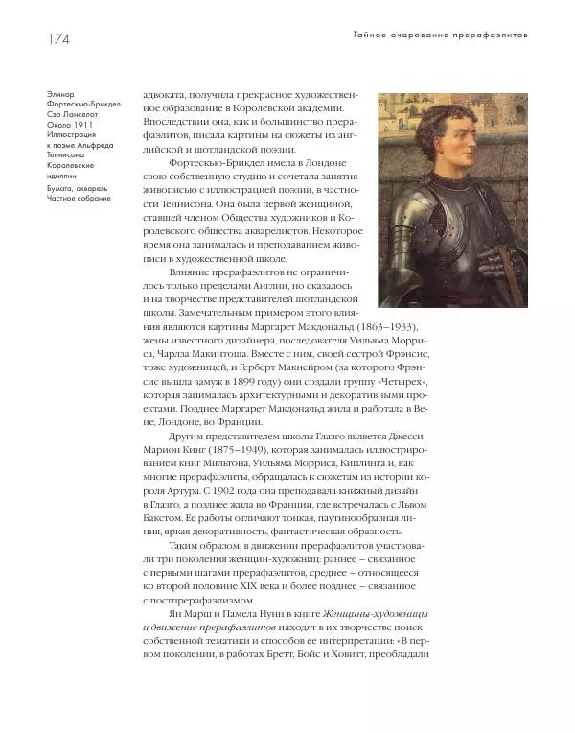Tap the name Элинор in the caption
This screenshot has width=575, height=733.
[x=59, y=95]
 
